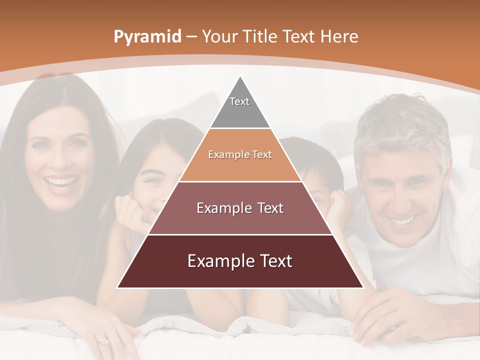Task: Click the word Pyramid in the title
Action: point(147,37)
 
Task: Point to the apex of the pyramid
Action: point(240,76)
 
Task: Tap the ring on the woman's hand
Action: point(103,341)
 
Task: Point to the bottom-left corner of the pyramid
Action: point(117,287)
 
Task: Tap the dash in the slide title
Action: point(191,37)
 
